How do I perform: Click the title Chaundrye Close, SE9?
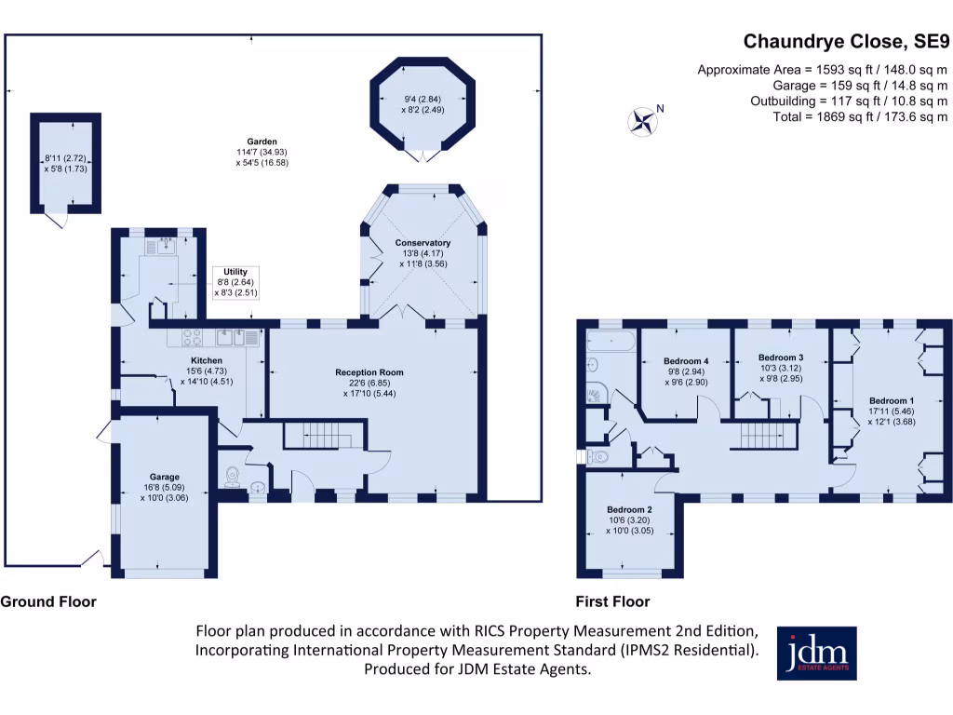tap(845, 41)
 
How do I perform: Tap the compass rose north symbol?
tap(642, 119)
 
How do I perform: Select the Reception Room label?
tap(369, 372)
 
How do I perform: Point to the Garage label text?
tap(165, 477)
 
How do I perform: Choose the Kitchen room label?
tap(207, 360)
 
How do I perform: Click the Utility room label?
tap(235, 272)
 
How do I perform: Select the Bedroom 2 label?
tap(628, 510)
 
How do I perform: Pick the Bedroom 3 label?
tap(780, 357)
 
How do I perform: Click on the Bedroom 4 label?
tap(686, 361)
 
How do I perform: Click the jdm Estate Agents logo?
tap(816, 653)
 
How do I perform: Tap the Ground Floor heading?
tap(48, 601)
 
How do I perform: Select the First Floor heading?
tap(612, 601)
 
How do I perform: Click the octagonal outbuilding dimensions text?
tap(423, 104)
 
